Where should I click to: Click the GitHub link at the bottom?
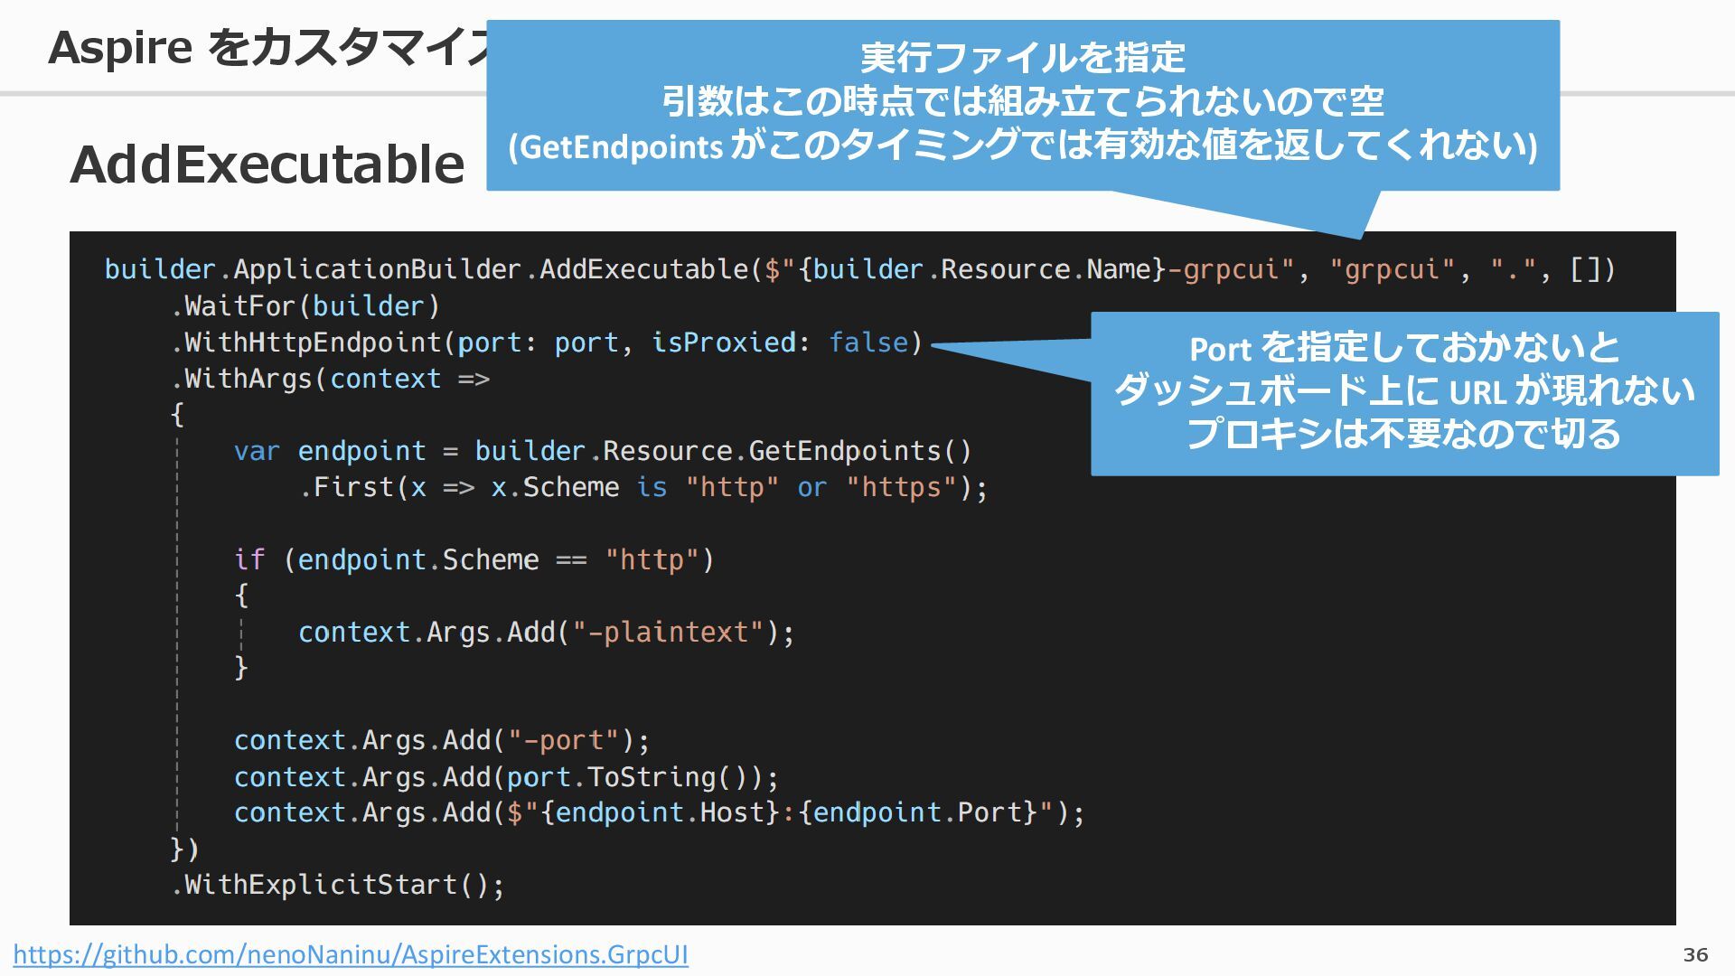click(x=351, y=954)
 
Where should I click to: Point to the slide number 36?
click(x=1695, y=954)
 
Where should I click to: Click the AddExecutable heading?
click(x=267, y=164)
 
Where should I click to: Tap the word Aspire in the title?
click(x=119, y=47)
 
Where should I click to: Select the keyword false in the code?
click(x=868, y=343)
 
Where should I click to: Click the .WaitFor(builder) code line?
click(x=305, y=306)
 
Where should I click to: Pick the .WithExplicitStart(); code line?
click(x=338, y=884)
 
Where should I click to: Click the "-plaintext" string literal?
click(x=669, y=632)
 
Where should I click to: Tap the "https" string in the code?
click(x=901, y=487)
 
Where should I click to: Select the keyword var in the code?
click(x=257, y=451)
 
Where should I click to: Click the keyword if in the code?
click(x=249, y=559)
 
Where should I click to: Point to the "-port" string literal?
click(x=564, y=740)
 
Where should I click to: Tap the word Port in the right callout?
click(x=1220, y=349)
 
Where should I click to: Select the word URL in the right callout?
click(x=1477, y=392)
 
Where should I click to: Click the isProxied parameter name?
click(x=724, y=343)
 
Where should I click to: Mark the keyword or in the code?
click(x=811, y=487)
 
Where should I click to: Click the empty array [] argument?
click(x=1585, y=269)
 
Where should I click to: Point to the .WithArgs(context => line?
click(x=331, y=379)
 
